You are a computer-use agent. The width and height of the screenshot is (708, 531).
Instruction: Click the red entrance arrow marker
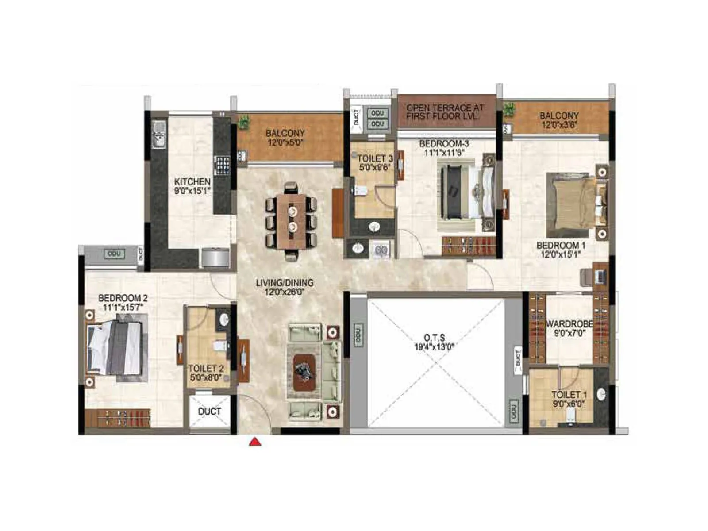(x=255, y=441)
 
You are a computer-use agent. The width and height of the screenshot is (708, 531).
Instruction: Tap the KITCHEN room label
(x=192, y=182)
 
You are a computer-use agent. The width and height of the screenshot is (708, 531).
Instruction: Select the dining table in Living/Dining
(x=292, y=221)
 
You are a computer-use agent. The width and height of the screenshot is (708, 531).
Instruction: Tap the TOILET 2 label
(x=206, y=369)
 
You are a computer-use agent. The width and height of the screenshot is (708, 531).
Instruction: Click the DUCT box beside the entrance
(x=210, y=411)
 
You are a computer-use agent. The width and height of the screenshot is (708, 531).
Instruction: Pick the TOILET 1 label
(x=569, y=394)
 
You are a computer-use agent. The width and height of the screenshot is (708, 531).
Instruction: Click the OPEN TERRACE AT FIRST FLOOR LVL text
(x=445, y=112)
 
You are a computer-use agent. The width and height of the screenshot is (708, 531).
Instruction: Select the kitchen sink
(x=158, y=135)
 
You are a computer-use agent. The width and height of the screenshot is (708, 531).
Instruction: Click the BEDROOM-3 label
(x=444, y=143)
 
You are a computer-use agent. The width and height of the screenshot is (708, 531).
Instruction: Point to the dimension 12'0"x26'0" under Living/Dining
(x=285, y=292)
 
